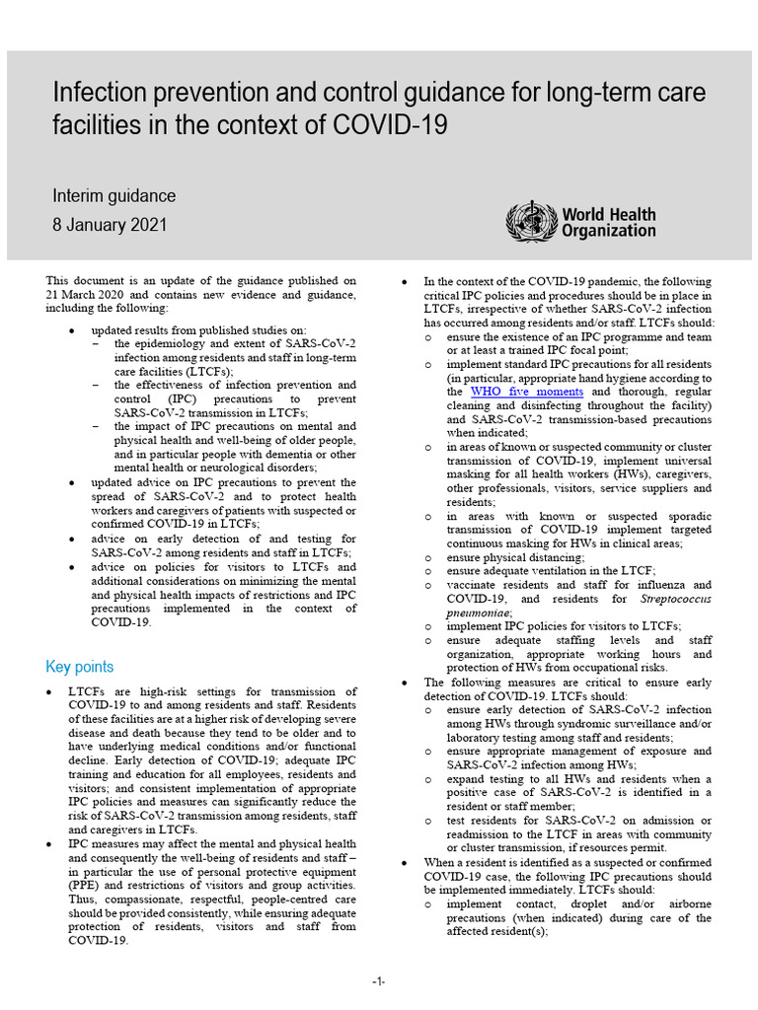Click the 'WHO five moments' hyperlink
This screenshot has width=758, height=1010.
(526, 392)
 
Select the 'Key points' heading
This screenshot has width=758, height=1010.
(80, 667)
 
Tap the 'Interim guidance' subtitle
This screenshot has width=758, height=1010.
(114, 196)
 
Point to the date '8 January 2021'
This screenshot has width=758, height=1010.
(110, 225)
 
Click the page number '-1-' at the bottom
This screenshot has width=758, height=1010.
(379, 981)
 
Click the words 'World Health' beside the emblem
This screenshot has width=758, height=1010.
(608, 215)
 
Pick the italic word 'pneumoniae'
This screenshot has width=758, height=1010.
(484, 612)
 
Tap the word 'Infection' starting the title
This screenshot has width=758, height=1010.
(96, 94)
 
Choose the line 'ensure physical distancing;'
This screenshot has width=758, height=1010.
(515, 557)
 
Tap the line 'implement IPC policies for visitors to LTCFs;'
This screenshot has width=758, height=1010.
(564, 625)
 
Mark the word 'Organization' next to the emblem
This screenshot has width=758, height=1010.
(608, 232)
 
